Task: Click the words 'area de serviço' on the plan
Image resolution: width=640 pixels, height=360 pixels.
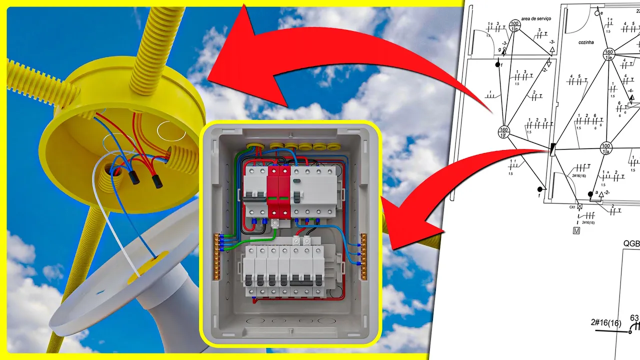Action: tap(536, 18)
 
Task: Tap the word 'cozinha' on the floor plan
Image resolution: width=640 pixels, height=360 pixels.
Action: tap(585, 42)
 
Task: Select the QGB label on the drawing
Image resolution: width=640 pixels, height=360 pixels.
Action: tap(631, 243)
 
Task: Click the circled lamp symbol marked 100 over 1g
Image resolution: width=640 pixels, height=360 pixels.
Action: tap(515, 26)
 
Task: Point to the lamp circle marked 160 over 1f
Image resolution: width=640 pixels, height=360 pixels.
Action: tap(503, 132)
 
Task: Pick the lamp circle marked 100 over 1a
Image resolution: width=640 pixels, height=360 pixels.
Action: tap(606, 148)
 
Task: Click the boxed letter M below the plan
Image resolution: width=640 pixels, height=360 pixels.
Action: tap(576, 230)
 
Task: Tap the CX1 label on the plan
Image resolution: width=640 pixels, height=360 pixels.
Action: tap(572, 206)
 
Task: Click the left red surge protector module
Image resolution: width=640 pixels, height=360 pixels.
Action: tap(273, 192)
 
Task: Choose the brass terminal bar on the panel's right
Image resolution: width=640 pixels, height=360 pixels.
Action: tap(363, 256)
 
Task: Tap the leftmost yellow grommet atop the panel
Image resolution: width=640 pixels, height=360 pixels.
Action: tap(256, 146)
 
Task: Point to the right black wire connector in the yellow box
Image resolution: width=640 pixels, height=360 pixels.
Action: tap(157, 182)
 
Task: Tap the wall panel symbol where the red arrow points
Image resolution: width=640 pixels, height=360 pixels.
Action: tap(552, 149)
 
